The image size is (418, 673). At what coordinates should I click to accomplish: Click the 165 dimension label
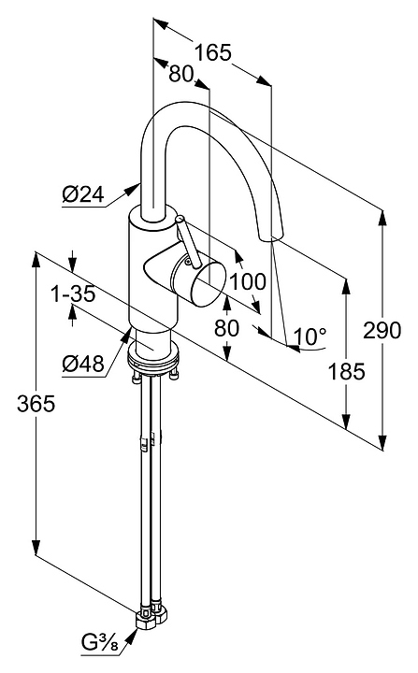click(x=213, y=52)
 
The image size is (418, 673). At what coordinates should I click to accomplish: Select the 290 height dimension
click(x=382, y=331)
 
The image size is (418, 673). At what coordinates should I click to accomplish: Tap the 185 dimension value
click(x=346, y=371)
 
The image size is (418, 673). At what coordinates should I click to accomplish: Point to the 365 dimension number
click(x=36, y=404)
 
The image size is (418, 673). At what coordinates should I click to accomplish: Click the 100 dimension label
click(x=248, y=282)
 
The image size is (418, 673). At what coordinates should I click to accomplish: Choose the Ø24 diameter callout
click(x=83, y=194)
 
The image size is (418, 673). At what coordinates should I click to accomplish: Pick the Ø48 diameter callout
click(x=83, y=365)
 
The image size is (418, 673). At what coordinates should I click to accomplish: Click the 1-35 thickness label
click(x=73, y=294)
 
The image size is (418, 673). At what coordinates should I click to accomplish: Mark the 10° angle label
click(x=310, y=336)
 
